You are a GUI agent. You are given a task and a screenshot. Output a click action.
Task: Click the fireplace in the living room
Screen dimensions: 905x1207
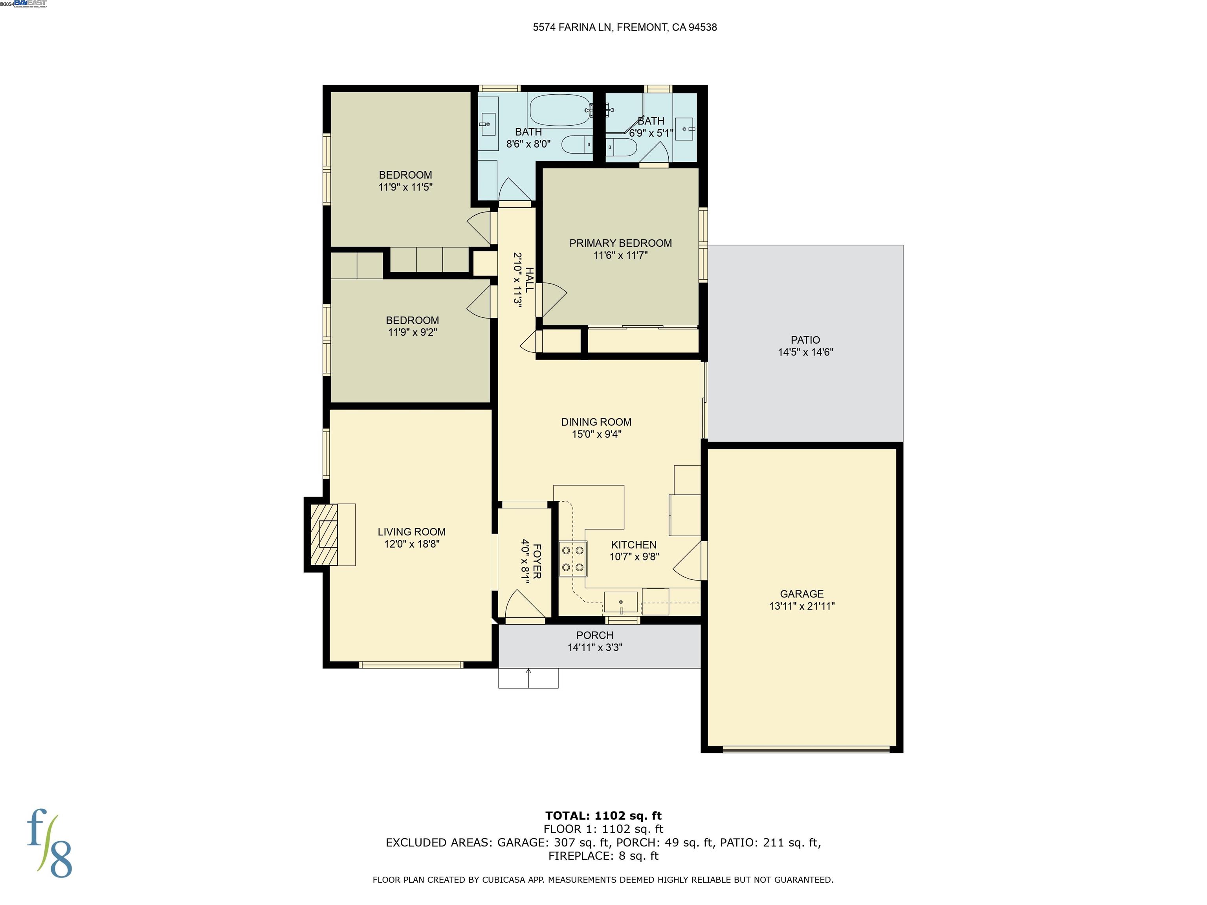[324, 534]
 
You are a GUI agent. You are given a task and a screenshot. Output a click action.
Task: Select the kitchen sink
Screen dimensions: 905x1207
[620, 602]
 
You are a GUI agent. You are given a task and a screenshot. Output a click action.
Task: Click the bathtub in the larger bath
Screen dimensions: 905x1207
[560, 110]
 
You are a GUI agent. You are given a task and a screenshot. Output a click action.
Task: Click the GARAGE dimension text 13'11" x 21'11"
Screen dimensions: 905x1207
[802, 606]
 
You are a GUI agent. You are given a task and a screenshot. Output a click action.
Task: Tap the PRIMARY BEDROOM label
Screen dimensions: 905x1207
[620, 243]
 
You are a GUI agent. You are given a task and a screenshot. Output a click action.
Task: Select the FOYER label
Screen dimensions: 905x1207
[537, 561]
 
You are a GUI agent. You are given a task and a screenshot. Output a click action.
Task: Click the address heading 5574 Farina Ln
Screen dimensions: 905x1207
[624, 27]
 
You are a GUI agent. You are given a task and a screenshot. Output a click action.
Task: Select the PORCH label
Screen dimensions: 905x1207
[595, 636]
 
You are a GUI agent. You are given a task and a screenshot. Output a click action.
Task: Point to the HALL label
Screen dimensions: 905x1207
[529, 280]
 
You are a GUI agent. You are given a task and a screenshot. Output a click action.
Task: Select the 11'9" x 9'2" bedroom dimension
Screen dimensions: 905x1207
[412, 332]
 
